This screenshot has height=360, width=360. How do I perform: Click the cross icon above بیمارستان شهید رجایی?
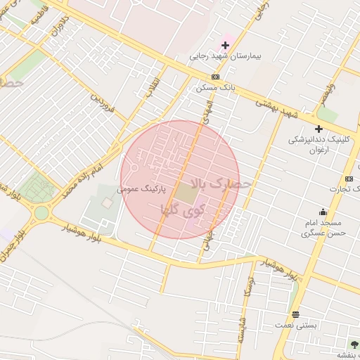click(x=225, y=46)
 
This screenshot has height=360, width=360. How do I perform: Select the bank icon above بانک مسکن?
click(x=214, y=77)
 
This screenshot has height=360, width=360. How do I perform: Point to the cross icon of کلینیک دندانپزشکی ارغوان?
click(x=319, y=129)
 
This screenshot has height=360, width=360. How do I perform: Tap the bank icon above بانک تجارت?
click(x=349, y=179)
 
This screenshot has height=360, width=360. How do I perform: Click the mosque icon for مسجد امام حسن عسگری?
click(x=323, y=212)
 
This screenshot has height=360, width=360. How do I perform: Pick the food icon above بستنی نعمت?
click(x=295, y=314)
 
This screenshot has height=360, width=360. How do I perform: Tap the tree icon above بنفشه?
click(x=354, y=345)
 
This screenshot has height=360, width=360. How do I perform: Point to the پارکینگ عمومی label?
click(x=141, y=189)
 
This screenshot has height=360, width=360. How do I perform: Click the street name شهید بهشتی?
click(x=276, y=108)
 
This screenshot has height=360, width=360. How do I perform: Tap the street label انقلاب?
click(x=153, y=86)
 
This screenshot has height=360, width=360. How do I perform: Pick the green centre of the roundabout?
click(x=42, y=212)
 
